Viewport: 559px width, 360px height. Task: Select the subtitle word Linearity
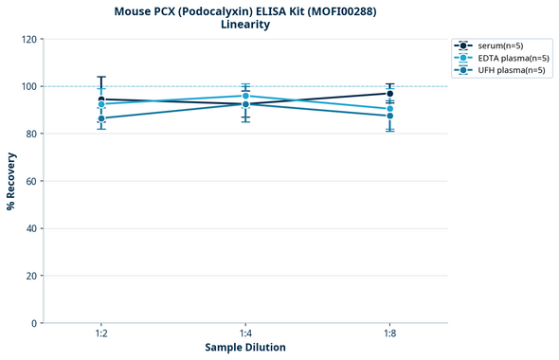tap(244, 25)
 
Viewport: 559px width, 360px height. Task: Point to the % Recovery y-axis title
tap(11, 181)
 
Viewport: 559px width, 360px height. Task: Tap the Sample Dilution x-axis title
tap(245, 348)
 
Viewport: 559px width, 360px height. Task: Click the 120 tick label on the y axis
tap(27, 39)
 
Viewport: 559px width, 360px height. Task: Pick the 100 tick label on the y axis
tap(27, 86)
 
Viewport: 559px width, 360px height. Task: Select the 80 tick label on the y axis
tap(30, 134)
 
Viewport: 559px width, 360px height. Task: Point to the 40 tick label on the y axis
tap(30, 228)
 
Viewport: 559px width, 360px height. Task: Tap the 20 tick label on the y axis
tap(30, 276)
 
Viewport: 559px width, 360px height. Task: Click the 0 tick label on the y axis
tap(33, 323)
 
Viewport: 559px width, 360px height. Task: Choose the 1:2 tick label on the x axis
tap(100, 334)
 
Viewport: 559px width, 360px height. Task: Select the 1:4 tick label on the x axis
tap(245, 334)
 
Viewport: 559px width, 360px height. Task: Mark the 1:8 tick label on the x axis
tap(389, 334)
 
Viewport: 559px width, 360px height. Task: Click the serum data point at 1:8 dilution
tap(389, 93)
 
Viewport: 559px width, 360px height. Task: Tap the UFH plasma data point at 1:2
tap(101, 118)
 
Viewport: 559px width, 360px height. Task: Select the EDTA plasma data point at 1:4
tap(245, 96)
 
